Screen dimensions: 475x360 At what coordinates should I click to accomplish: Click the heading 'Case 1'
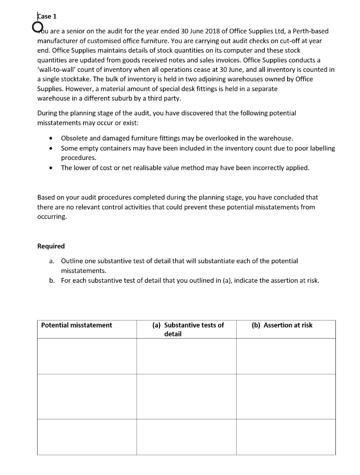tap(47, 16)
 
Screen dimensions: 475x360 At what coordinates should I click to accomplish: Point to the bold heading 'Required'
tap(51, 246)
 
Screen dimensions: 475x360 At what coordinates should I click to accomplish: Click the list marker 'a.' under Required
tap(52, 261)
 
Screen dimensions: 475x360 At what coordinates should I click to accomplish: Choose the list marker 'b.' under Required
tap(52, 280)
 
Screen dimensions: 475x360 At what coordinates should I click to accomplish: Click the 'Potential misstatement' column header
tap(77, 325)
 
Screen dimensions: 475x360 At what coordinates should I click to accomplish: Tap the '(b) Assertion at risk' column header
tap(282, 325)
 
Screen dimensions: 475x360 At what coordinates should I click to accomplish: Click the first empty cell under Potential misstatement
tap(87, 356)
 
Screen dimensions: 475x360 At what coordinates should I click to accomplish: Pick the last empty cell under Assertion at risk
tap(286, 436)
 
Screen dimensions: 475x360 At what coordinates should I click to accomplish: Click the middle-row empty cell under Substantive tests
tap(186, 396)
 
